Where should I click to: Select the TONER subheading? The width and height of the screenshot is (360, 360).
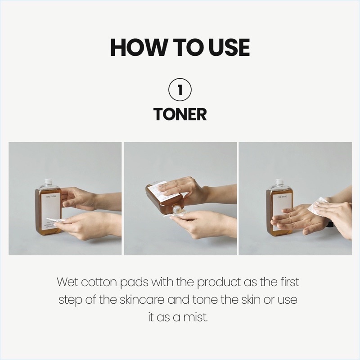click(x=180, y=114)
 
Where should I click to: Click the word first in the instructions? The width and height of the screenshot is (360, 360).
click(x=288, y=283)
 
